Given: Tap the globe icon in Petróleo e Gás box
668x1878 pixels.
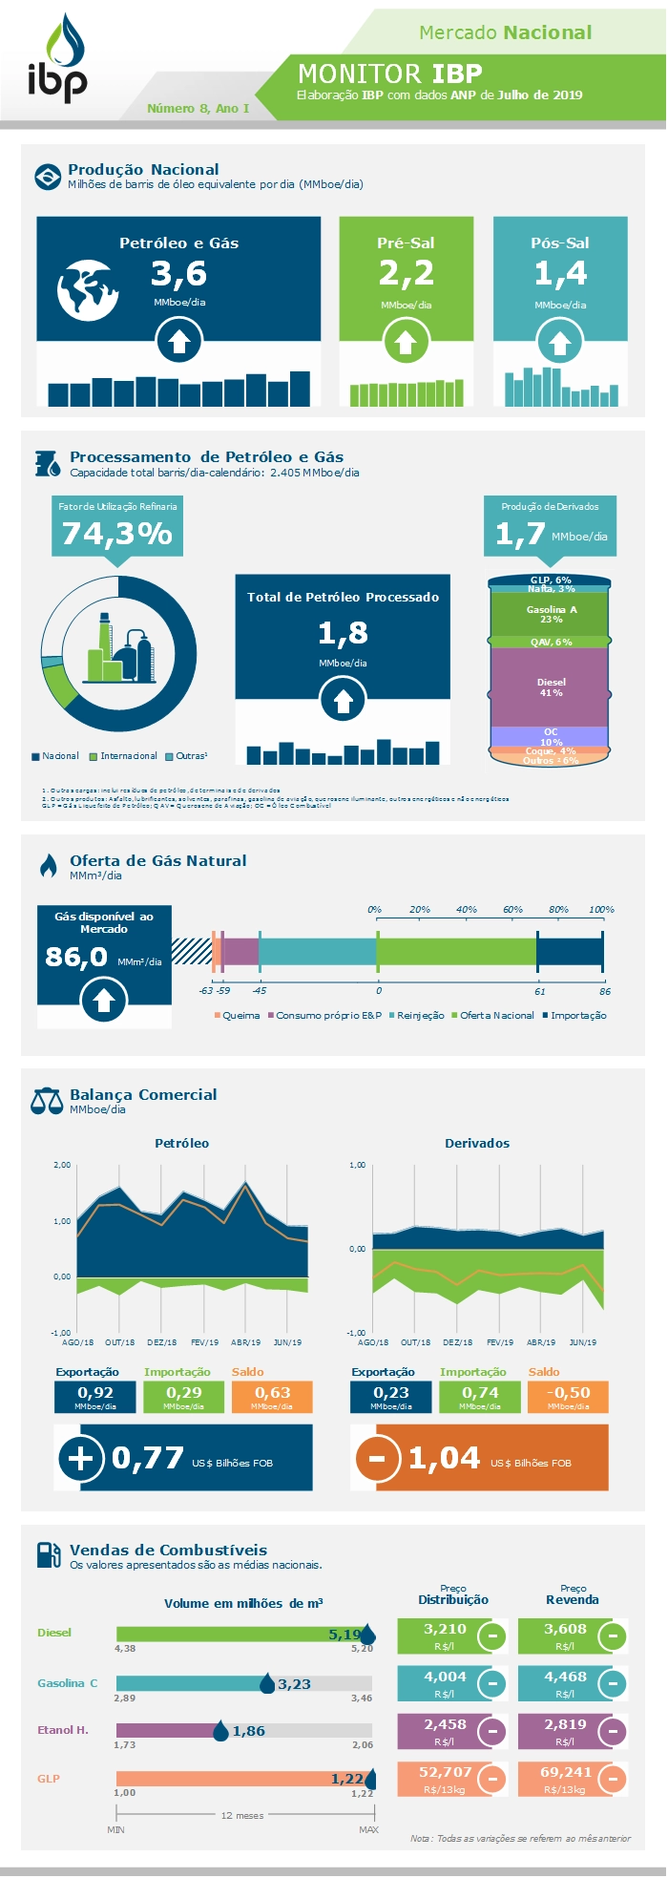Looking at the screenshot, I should (87, 289).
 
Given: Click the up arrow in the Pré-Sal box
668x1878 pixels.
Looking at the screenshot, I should (406, 341).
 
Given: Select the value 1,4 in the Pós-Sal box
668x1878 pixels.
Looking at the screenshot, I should (560, 274).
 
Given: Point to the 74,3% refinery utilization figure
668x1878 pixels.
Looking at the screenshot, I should (116, 533).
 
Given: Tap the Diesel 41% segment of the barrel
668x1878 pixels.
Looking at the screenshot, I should (551, 687).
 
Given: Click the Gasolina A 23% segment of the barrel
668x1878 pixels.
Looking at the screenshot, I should (551, 614).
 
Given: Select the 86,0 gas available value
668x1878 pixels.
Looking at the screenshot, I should (76, 956).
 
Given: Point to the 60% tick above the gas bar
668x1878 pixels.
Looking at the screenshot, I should (512, 910).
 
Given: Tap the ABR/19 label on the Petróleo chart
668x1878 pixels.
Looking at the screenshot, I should (246, 1342).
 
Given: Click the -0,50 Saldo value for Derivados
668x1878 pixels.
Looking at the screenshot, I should (568, 1393).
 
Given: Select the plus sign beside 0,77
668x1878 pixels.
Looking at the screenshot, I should (81, 1458).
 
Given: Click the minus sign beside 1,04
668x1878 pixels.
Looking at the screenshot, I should (377, 1458).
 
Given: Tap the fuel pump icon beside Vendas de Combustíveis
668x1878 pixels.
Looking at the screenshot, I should (48, 1554).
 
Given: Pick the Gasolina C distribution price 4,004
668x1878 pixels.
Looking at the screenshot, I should (445, 1677).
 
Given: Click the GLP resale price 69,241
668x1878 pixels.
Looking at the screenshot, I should (566, 1772).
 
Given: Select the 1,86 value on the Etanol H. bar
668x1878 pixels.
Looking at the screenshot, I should (248, 1731).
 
